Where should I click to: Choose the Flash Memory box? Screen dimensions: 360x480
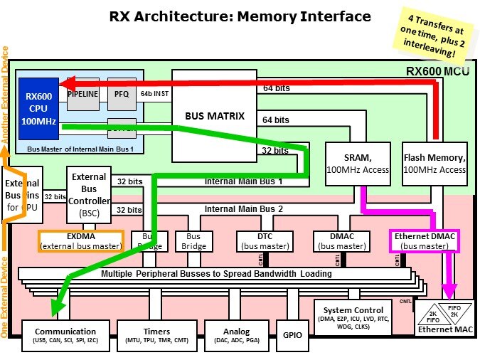click(x=434, y=163)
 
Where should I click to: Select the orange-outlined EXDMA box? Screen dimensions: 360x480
click(x=80, y=241)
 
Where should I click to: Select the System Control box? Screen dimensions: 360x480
click(x=353, y=314)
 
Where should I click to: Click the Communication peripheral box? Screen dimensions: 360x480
click(x=65, y=335)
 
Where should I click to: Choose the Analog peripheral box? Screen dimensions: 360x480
click(x=236, y=335)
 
